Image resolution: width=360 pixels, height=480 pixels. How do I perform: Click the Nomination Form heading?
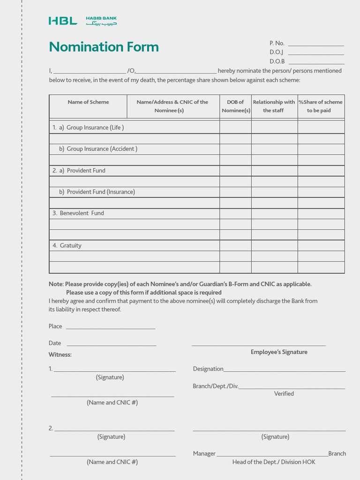[x=104, y=47]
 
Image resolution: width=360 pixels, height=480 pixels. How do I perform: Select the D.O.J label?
[x=276, y=52]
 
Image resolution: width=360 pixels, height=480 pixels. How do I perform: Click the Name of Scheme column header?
[x=88, y=102]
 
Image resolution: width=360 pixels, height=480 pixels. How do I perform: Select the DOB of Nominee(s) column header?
[x=235, y=106]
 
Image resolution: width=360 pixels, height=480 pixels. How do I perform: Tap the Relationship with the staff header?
[x=274, y=106]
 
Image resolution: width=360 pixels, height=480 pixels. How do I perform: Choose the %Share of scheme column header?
[x=321, y=106]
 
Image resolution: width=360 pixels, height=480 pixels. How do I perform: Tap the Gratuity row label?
[x=70, y=246]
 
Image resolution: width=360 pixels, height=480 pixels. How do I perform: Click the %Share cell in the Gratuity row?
[x=321, y=246]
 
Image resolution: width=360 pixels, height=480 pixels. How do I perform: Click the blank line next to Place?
[x=110, y=327]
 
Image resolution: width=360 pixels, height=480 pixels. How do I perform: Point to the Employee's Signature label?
[x=279, y=352]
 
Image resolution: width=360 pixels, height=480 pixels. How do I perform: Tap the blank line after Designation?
[x=284, y=370]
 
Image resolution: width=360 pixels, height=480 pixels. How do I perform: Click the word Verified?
[x=284, y=394]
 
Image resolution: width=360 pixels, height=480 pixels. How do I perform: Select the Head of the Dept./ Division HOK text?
[x=274, y=462]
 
